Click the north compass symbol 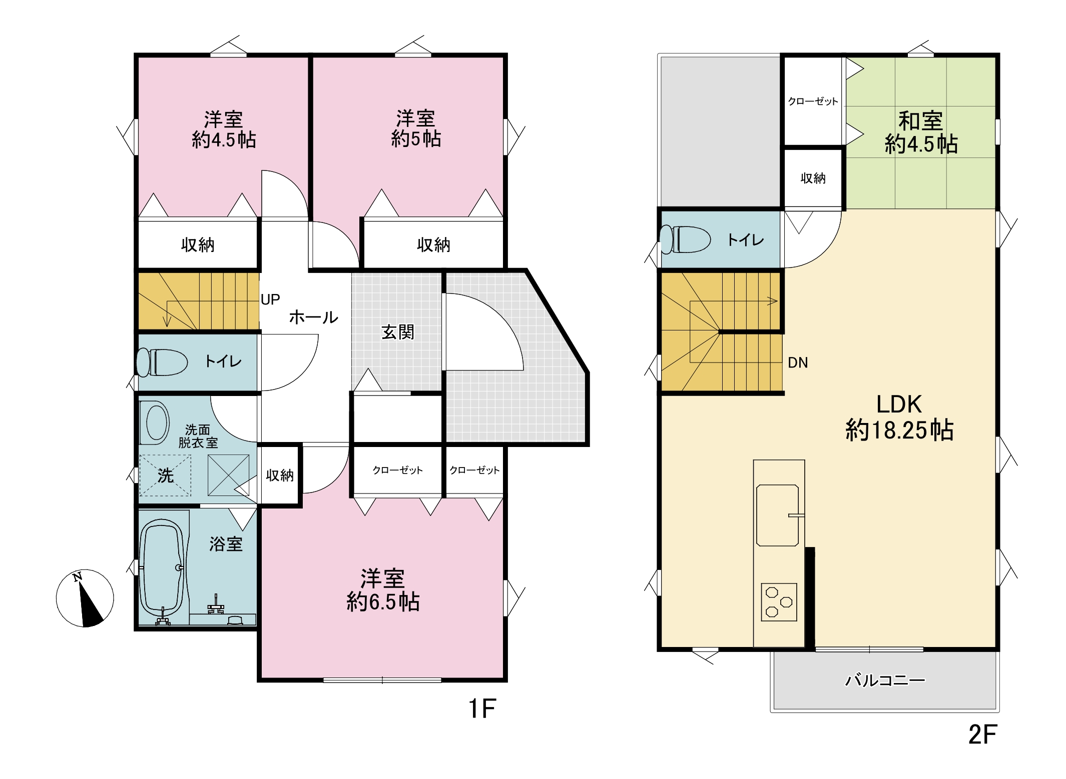click(85, 598)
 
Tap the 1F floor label click(482, 708)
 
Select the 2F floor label click(982, 734)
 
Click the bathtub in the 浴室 click(161, 569)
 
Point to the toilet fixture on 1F click(162, 362)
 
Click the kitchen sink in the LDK click(778, 515)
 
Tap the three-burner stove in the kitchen click(779, 602)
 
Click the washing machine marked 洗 click(165, 475)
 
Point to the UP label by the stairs click(270, 299)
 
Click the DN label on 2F click(798, 362)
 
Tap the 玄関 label click(398, 332)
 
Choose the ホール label click(314, 317)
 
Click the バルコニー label click(885, 680)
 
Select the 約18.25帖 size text click(899, 429)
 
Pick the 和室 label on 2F click(920, 120)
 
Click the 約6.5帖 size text click(383, 601)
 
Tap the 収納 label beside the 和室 click(813, 178)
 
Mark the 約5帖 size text click(416, 138)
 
